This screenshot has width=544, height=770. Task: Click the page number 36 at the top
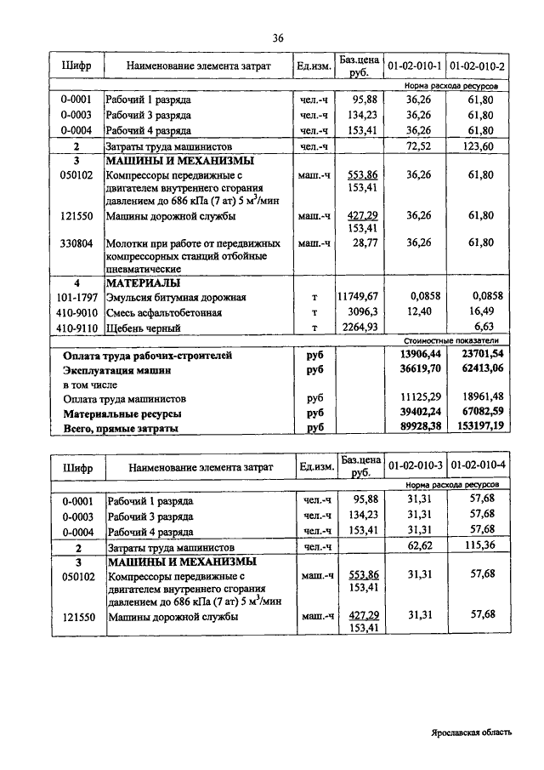277,37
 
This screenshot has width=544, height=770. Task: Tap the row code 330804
76,242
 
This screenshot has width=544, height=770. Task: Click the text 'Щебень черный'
142,328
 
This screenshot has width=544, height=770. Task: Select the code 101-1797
76,297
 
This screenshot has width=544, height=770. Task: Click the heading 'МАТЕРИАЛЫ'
141,282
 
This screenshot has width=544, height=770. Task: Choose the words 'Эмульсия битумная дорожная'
176,297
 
